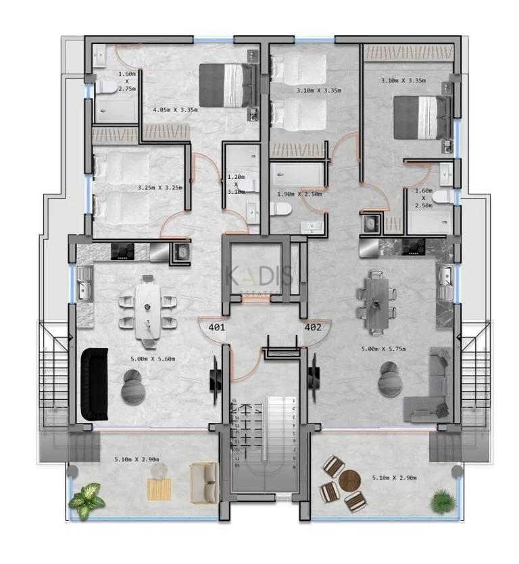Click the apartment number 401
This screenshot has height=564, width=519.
[x=216, y=328]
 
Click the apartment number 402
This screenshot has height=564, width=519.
[x=313, y=328]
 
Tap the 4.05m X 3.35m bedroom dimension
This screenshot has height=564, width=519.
[x=175, y=109]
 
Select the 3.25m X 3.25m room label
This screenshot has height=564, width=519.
[x=159, y=188]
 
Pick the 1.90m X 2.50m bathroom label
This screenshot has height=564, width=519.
[x=299, y=194]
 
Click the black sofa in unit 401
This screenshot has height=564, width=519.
[x=95, y=382]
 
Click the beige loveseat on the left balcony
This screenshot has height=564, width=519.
[x=203, y=482]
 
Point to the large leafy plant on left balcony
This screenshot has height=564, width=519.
[x=86, y=501]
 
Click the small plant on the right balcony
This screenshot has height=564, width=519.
[x=443, y=501]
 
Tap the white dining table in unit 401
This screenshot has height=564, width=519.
[x=148, y=310]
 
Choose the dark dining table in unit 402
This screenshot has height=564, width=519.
[x=376, y=302]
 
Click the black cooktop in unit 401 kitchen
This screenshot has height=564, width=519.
[x=124, y=251]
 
